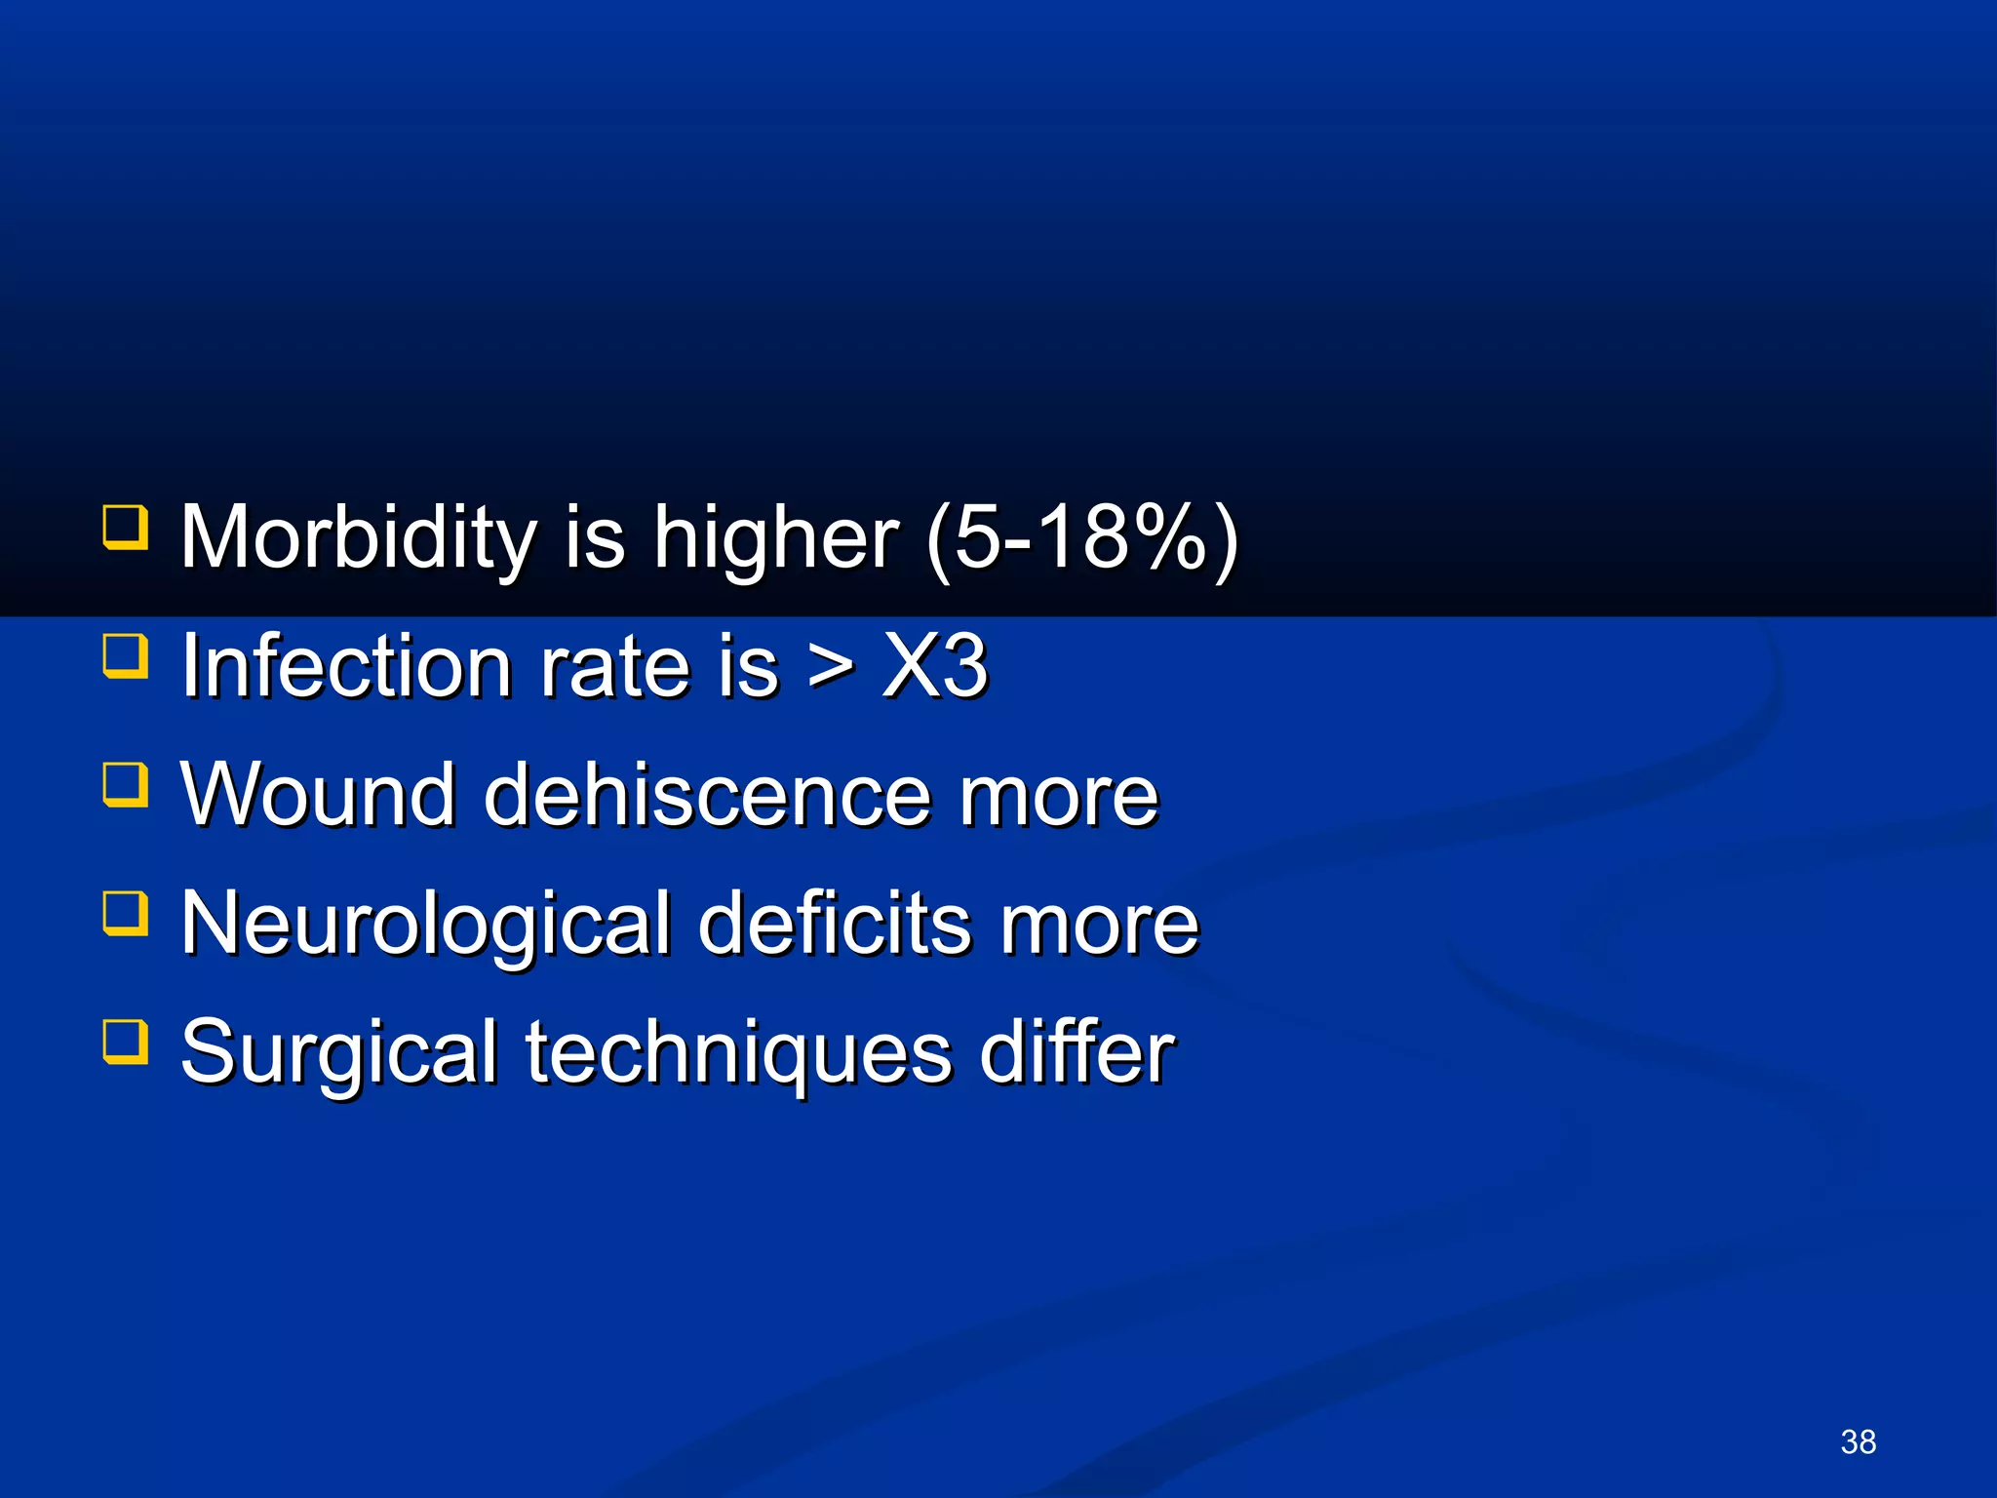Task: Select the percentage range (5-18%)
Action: pos(1081,538)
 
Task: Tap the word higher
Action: pos(775,538)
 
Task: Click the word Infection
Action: pos(347,667)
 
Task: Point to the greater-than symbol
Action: pos(831,667)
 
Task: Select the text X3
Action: pos(935,667)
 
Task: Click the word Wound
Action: pos(318,796)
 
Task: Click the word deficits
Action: pos(835,925)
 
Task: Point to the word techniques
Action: pos(739,1053)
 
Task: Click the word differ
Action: pos(1077,1053)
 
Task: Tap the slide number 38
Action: pos(1858,1441)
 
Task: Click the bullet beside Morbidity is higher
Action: pos(126,527)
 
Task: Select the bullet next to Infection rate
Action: pos(126,655)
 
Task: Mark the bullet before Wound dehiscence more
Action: pos(126,784)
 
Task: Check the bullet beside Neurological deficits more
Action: pos(126,913)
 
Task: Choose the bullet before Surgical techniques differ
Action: pos(126,1042)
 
